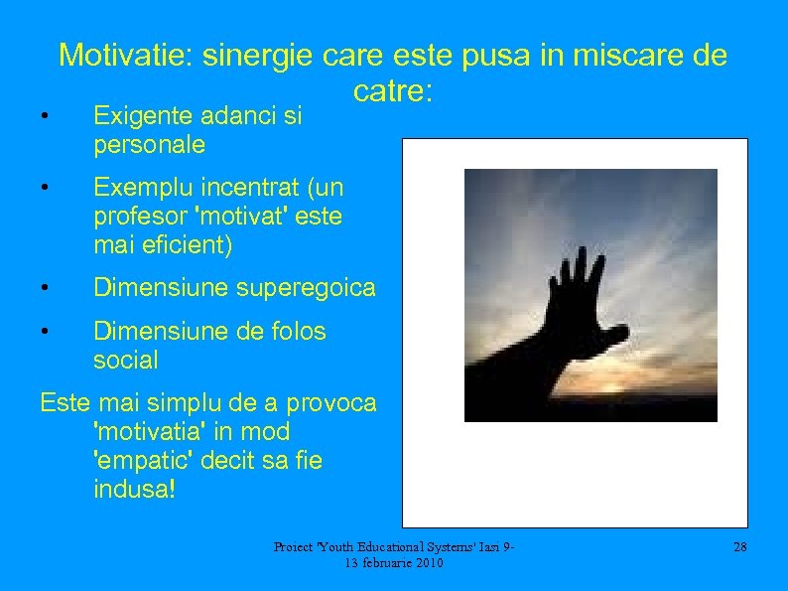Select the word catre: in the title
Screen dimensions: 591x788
[x=392, y=92]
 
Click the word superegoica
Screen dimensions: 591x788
[x=307, y=288]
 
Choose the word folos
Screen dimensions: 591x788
[x=296, y=331]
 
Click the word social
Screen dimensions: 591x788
[x=125, y=360]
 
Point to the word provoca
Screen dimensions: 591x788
[x=331, y=403]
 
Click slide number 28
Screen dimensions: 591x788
[x=738, y=547]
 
